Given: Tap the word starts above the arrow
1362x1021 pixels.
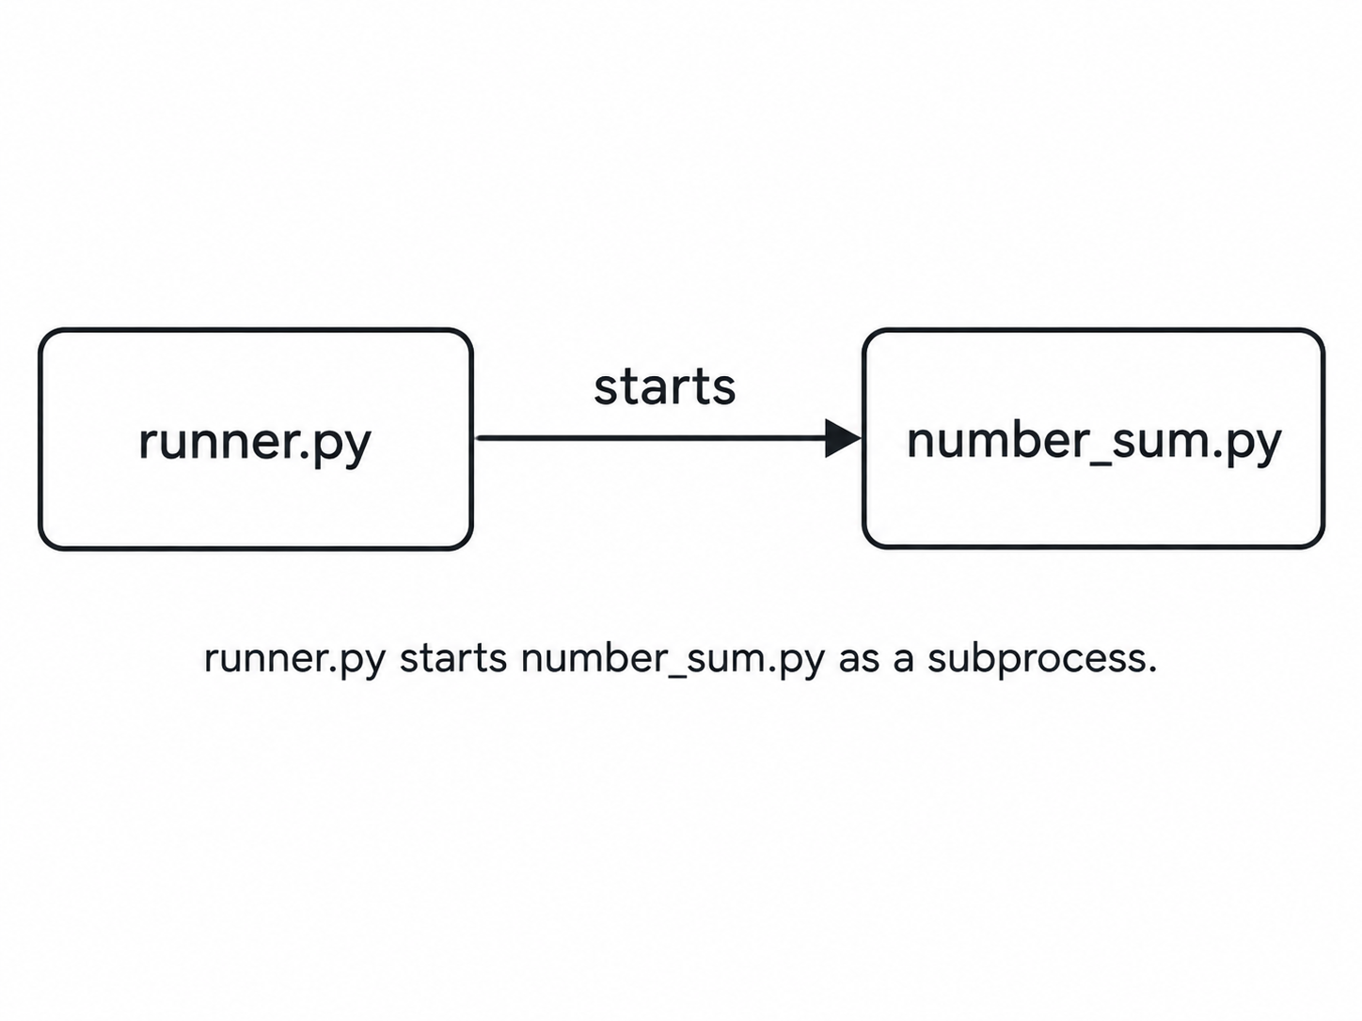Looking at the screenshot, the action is pyautogui.click(x=665, y=387).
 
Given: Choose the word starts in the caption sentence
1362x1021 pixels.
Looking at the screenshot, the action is pyautogui.click(x=453, y=658).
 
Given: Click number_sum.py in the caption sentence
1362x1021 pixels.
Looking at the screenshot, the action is pyautogui.click(x=673, y=660).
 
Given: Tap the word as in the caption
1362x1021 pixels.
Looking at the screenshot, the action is pyautogui.click(x=860, y=662).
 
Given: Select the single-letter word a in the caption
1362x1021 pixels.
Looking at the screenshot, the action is pyautogui.click(x=904, y=662).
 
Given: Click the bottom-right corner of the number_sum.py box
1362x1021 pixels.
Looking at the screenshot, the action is pyautogui.click(x=1322, y=547).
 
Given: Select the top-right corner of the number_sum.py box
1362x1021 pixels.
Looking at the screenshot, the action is pyautogui.click(x=1322, y=331).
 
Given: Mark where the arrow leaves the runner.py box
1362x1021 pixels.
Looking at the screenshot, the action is pyautogui.click(x=474, y=438).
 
